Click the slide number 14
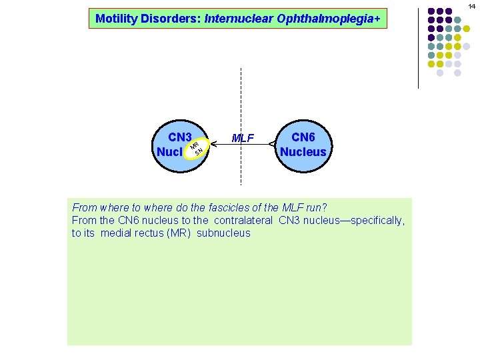pyautogui.click(x=472, y=6)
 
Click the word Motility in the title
pyautogui.click(x=116, y=19)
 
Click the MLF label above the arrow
pyautogui.click(x=243, y=139)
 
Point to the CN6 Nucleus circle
pyautogui.click(x=303, y=144)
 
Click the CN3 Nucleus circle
pyautogui.click(x=175, y=144)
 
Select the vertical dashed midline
pyautogui.click(x=241, y=100)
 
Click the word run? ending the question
pyautogui.click(x=315, y=207)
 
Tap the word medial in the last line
pyautogui.click(x=115, y=233)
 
